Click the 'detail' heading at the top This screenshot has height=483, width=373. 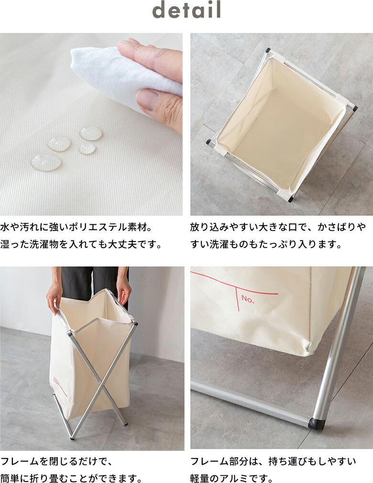point(186,11)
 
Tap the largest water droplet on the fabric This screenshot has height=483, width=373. point(46,162)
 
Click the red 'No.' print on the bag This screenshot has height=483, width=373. point(248,299)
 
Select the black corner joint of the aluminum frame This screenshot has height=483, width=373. point(316,423)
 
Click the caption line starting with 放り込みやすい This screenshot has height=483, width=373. point(277,226)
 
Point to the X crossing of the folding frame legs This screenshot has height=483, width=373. point(98,377)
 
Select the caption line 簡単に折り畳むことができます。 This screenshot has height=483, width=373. point(71,478)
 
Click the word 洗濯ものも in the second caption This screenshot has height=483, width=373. point(225,244)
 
